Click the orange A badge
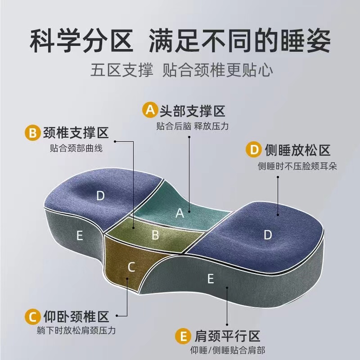149,110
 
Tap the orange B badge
32,133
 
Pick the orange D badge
254,150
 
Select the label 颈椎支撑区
76,133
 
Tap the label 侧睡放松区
297,150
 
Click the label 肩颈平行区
227,337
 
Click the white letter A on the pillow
180,213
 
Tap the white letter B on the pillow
155,234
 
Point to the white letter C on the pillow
131,267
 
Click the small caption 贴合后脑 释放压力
192,126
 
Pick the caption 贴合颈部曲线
76,148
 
